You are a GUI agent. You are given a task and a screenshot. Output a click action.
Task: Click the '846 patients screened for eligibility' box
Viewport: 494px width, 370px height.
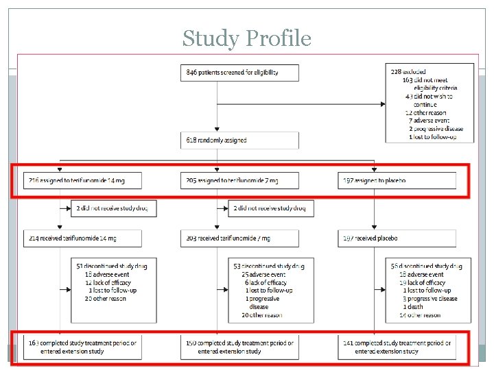(240, 72)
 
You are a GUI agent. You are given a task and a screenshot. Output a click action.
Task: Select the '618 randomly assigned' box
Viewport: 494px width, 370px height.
(240, 140)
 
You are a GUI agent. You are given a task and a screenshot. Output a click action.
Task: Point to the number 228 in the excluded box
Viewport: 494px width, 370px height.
(397, 71)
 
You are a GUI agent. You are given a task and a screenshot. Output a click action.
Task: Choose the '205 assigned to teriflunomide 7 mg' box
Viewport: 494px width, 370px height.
(240, 181)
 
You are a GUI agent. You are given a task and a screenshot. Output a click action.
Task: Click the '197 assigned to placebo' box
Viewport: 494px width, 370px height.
(397, 181)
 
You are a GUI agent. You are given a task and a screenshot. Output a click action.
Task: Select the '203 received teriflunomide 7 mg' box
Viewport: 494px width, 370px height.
(240, 238)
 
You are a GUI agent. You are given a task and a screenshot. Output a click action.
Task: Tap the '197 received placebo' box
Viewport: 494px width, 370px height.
(397, 238)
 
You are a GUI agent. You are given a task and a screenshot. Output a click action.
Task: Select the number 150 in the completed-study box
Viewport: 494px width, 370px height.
(191, 343)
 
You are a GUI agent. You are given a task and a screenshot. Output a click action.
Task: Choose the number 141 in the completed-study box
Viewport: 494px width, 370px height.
(349, 343)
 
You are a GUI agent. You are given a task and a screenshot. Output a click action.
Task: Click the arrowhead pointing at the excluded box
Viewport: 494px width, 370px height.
(383, 105)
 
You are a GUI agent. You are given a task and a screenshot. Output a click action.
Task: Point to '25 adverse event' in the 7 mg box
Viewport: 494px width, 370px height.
(267, 274)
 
